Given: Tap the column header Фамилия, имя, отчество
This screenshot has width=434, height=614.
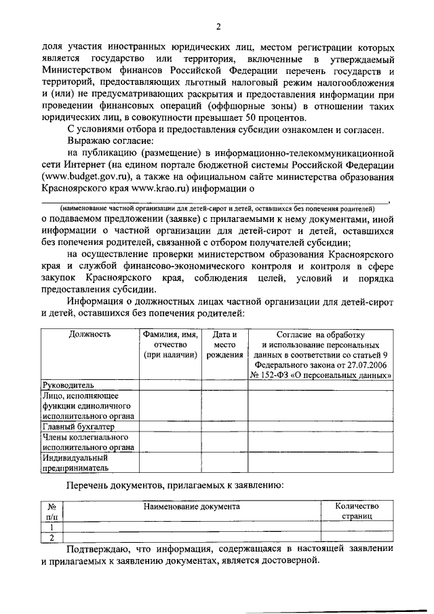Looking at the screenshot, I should pos(170,344).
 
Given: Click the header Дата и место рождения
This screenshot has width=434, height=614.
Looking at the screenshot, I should pos(224,344).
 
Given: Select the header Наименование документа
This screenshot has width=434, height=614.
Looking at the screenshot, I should pos(191,506).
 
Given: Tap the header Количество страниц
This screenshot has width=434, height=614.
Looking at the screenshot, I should pos(357,512).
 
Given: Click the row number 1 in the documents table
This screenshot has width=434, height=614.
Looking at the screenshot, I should pos(52,527).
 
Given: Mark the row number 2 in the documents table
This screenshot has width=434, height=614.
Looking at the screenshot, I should pos(52,538).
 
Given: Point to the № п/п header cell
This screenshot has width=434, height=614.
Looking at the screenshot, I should pos(52,512).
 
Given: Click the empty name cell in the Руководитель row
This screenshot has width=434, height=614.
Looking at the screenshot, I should pos(170,385).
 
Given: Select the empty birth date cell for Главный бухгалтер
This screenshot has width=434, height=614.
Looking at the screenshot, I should pos(224,427).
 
